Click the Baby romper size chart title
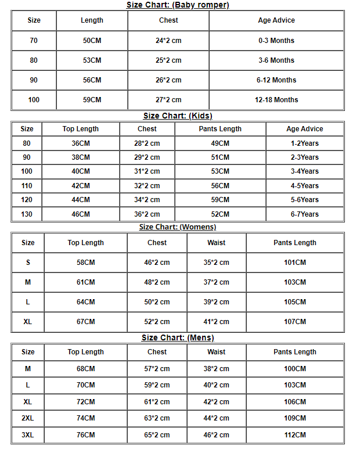point(178,5)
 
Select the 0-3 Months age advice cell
point(276,41)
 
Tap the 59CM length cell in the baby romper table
point(92,100)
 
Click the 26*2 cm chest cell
point(168,80)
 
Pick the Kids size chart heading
point(178,116)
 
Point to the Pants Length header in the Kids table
point(220,129)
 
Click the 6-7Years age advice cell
point(305,214)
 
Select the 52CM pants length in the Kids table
point(220,214)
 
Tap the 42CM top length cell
point(81,186)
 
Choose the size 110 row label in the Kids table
point(27,186)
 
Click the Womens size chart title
point(178,227)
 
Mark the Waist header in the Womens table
point(216,243)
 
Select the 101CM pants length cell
point(295,263)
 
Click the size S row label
point(28,263)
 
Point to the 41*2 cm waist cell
point(216,322)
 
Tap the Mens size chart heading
point(178,337)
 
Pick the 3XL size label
point(28,434)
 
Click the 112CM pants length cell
point(295,434)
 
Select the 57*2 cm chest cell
point(157,369)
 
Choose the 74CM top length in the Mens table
point(85,418)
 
